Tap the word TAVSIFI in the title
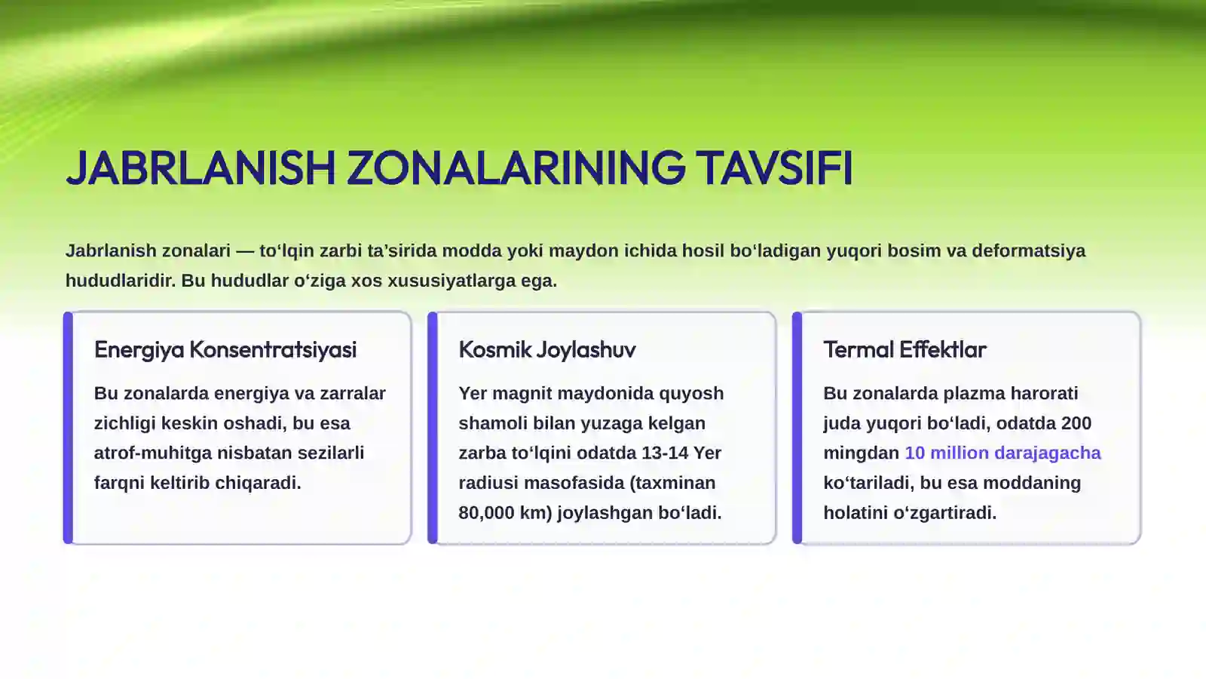point(774,167)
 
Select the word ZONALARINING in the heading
point(516,167)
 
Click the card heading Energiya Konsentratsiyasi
point(225,349)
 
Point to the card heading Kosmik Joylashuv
point(547,349)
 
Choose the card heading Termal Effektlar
point(904,349)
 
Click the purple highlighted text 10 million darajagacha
point(1002,453)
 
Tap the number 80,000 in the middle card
point(486,513)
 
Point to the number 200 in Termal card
point(1076,423)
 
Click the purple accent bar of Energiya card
point(69,428)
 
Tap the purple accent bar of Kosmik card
point(433,428)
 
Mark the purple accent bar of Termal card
point(797,428)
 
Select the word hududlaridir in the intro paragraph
point(121,281)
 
